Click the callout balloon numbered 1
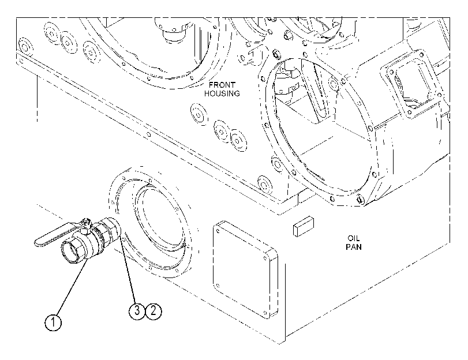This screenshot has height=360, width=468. pos(54,322)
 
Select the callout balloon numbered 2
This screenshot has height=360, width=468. pos(153,311)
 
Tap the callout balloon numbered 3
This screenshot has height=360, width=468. pos(137,311)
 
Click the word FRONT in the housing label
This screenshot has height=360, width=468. pos(222,85)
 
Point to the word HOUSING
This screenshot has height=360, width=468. pos(222,93)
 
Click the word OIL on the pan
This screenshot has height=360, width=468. pos(354,238)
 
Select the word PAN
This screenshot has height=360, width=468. pos(354,247)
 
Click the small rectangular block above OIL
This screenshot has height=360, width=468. pos(304,226)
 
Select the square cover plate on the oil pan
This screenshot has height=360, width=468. pos(245,269)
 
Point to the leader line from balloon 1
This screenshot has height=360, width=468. pos(70,287)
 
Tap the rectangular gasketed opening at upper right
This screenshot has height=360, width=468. pos(411,84)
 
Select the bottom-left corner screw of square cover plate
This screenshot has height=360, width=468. pos(218,285)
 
